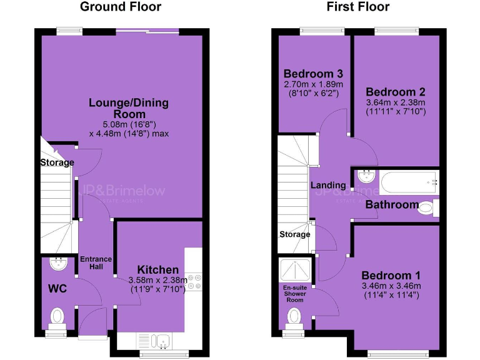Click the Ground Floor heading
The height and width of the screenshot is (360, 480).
pos(121,7)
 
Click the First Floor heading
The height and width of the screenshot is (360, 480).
pos(358,7)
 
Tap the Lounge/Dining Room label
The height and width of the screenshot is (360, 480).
pos(129,109)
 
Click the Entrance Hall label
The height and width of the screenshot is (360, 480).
pos(96,263)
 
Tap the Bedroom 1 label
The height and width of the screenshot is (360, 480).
pos(391,276)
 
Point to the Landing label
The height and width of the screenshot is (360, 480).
pos(328,185)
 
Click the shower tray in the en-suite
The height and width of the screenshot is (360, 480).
pos(294,270)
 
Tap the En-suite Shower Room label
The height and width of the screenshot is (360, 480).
pos(294,293)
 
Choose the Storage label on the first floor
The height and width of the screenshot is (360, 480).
pos(294,234)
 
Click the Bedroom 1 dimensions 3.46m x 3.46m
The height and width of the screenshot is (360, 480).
pos(392,286)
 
